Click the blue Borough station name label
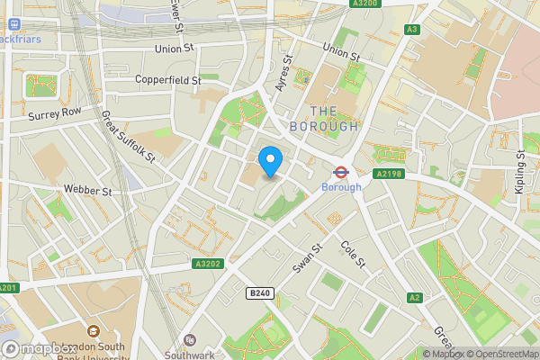[341, 187]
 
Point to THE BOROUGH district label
[323, 118]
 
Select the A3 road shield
[412, 30]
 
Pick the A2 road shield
[414, 297]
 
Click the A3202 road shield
[206, 264]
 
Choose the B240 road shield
[259, 292]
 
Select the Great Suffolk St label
[129, 137]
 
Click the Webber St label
[87, 191]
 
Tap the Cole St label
[352, 254]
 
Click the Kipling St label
[519, 177]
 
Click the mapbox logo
[38, 348]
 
